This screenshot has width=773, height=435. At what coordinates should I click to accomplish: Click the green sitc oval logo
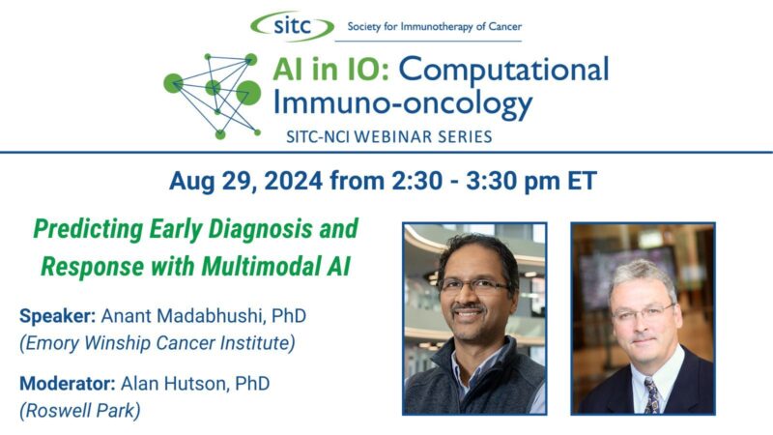click(x=293, y=25)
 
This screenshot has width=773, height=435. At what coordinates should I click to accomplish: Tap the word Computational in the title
click(x=503, y=71)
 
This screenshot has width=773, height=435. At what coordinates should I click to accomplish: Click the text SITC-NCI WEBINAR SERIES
click(x=388, y=136)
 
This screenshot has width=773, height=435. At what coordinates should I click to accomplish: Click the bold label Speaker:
click(x=56, y=315)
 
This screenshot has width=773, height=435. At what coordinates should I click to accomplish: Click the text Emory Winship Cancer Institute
click(x=157, y=342)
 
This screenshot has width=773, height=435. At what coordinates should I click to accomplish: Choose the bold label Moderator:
click(x=65, y=384)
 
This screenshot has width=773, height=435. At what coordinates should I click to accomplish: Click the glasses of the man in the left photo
click(x=472, y=285)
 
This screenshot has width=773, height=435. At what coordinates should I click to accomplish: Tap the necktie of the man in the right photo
click(x=652, y=395)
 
